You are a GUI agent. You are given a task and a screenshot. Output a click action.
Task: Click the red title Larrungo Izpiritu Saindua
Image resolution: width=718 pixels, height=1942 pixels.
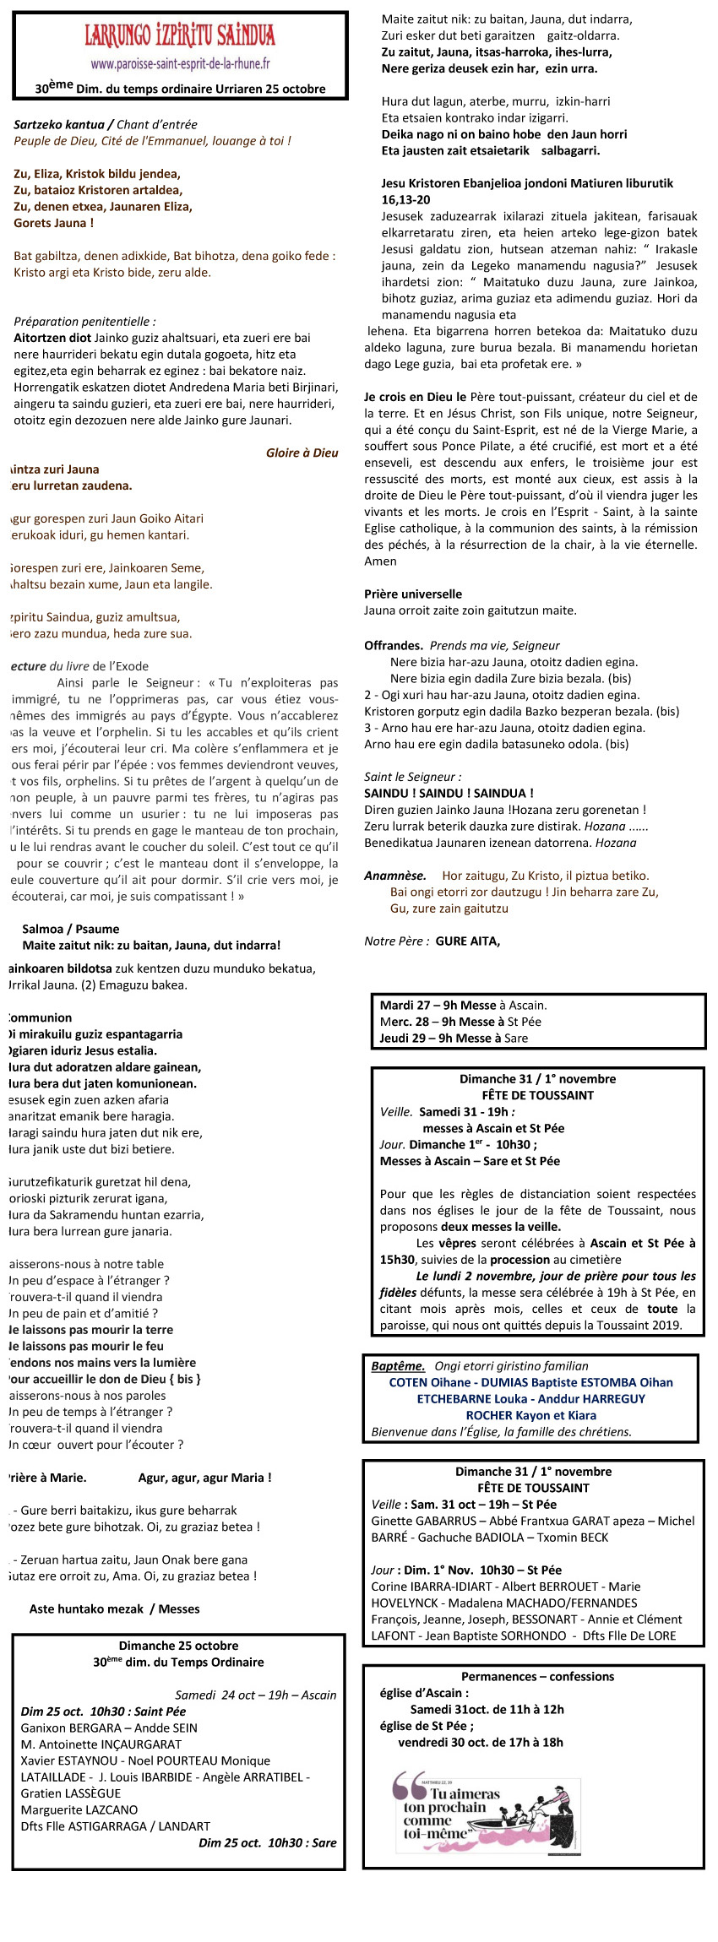click(x=180, y=35)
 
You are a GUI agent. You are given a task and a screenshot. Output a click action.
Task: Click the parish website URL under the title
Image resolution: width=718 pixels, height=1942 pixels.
click(x=180, y=63)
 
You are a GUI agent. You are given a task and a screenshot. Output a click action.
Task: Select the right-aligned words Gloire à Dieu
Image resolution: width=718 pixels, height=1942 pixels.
click(x=302, y=453)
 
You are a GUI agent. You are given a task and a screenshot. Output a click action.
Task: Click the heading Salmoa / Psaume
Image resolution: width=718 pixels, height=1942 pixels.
click(x=71, y=929)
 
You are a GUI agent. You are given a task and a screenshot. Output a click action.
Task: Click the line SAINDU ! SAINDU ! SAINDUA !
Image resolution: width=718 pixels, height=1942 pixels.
click(x=449, y=793)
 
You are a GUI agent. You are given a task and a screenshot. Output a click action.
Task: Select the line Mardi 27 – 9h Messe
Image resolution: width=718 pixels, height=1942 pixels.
click(x=438, y=1005)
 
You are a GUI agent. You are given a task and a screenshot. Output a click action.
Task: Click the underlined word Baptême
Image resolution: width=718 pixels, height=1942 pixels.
click(x=398, y=1365)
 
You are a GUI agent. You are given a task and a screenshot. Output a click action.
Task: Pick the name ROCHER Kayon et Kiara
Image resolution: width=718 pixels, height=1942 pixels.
click(x=530, y=1415)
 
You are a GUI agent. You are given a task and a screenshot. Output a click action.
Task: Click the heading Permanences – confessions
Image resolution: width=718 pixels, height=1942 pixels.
click(x=537, y=1676)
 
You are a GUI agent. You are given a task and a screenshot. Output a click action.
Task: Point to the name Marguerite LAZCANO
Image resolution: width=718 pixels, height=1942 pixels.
click(x=79, y=1809)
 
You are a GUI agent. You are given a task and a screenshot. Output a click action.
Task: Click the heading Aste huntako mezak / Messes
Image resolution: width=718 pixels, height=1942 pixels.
click(x=115, y=1608)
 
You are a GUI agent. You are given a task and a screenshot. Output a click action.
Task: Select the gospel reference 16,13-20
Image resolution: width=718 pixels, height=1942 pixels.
click(x=405, y=199)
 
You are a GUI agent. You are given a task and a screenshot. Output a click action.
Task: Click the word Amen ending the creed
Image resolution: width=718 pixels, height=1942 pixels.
click(x=380, y=561)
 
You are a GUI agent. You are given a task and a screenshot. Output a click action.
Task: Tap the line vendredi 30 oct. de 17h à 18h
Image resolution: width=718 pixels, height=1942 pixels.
click(x=481, y=1742)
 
